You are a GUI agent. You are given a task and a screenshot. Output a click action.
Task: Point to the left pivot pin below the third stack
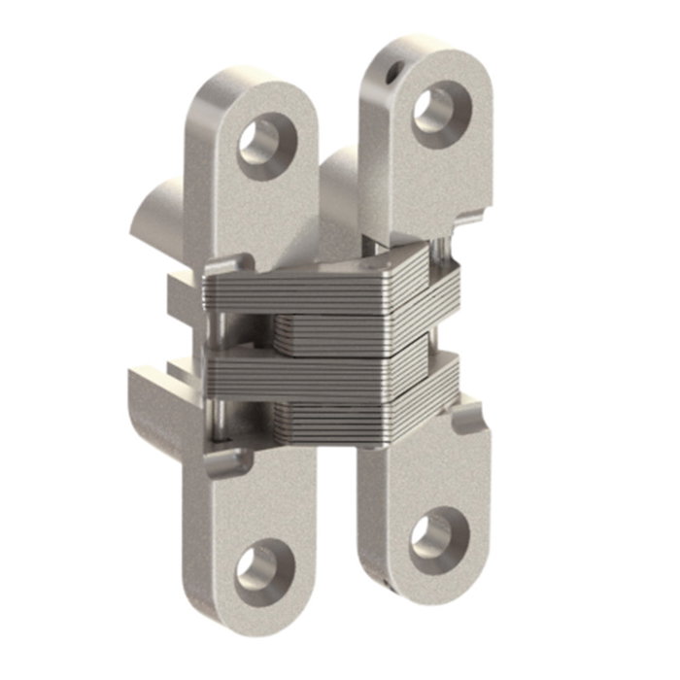[216, 418]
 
